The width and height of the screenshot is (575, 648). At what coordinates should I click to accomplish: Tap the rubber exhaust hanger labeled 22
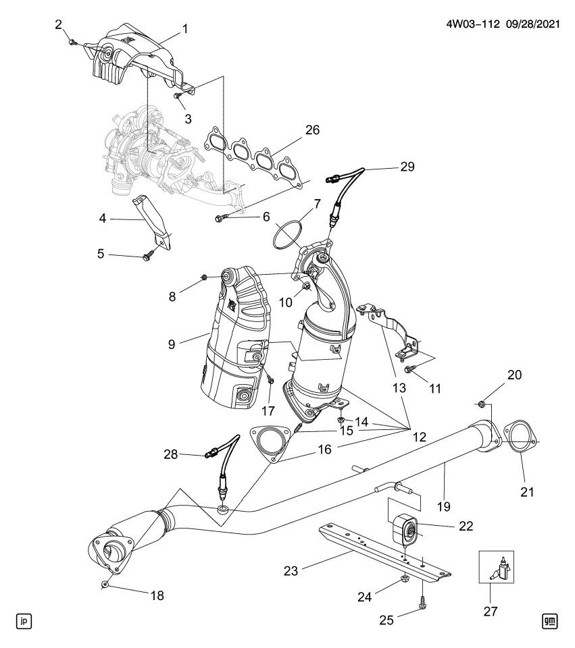click(x=406, y=531)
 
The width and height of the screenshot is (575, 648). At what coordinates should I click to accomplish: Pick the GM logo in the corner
click(x=550, y=620)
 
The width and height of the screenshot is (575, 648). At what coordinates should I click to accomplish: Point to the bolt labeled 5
click(x=147, y=255)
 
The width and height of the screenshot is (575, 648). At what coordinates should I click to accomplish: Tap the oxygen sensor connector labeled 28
click(x=211, y=454)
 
